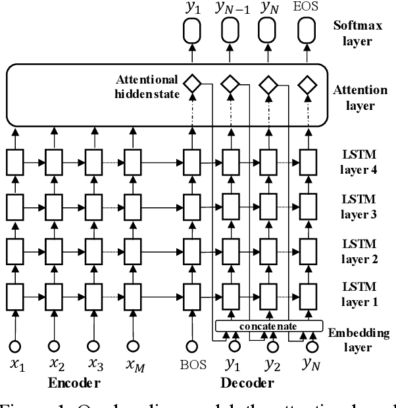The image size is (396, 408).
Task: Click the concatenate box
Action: click(270, 325)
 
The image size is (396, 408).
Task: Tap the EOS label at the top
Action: click(305, 10)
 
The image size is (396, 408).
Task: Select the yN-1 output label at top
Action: click(230, 10)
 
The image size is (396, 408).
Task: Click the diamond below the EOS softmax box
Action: click(305, 85)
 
